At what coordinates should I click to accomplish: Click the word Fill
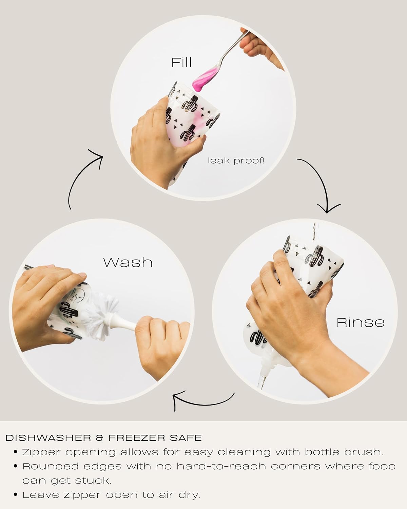[x=181, y=62]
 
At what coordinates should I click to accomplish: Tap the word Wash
[x=128, y=262]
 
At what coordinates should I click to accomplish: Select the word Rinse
[x=361, y=322]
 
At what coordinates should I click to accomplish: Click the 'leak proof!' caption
[x=236, y=161]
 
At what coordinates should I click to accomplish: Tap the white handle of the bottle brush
[x=127, y=322]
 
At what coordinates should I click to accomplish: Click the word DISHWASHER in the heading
[x=48, y=438]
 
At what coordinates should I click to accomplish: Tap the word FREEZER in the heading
[x=137, y=438]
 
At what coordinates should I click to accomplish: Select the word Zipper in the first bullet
[x=42, y=452]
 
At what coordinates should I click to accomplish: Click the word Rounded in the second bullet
[x=51, y=467]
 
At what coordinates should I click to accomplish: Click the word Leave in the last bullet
[x=41, y=495]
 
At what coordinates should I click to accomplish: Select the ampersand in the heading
[x=100, y=438]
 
